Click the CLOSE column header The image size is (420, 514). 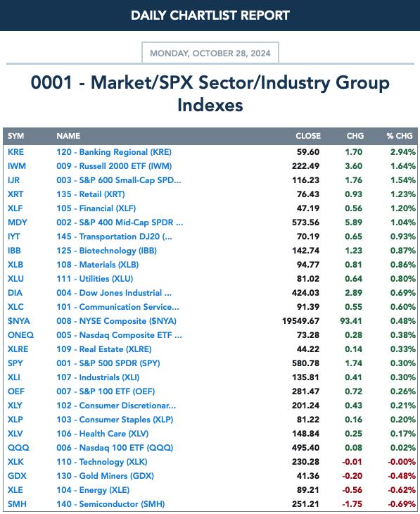coord(308,136)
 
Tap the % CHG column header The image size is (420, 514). coord(400,136)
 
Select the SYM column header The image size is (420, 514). coord(15,136)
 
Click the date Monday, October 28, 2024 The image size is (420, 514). coord(210,54)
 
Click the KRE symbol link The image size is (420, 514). coord(15,152)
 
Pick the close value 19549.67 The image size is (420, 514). coord(300,321)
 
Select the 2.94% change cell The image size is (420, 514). coord(402,152)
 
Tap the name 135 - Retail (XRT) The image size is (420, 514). coord(91,194)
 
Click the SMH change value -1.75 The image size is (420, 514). coord(352,504)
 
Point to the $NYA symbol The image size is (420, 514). coord(19,321)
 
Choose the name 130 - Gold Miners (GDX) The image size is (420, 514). coord(105,476)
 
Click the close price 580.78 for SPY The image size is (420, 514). coord(305,363)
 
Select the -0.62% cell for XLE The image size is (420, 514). coord(402,490)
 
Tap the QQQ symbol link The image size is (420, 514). coord(18,448)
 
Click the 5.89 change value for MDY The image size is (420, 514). coord(353,222)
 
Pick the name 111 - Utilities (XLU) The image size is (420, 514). coord(95,279)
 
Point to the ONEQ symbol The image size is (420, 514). coord(20,335)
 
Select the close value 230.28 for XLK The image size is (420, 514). coord(305,462)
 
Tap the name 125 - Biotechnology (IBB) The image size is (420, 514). coord(106,251)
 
